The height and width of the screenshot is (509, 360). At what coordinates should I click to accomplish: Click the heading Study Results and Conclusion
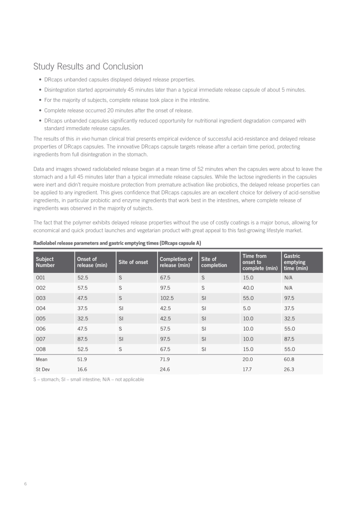point(88,67)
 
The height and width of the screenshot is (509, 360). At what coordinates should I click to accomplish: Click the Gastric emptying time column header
point(294,262)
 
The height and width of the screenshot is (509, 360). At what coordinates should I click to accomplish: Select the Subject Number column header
point(45,262)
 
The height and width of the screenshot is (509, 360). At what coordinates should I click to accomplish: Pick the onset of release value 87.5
point(83,339)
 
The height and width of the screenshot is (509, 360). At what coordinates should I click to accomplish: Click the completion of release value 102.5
point(167,298)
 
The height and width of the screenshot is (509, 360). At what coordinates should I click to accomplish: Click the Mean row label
point(42,359)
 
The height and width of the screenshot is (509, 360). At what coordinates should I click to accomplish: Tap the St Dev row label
point(43,369)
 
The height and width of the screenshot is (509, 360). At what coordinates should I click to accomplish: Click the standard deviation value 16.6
point(83,369)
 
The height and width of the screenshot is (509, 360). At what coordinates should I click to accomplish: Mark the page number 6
point(25,484)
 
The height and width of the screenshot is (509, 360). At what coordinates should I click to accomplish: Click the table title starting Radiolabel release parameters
point(117,243)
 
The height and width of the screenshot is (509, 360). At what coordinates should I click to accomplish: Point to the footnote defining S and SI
point(89,380)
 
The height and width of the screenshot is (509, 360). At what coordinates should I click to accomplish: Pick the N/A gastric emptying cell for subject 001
point(288,278)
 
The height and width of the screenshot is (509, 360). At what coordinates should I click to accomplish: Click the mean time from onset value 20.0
point(248,359)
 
